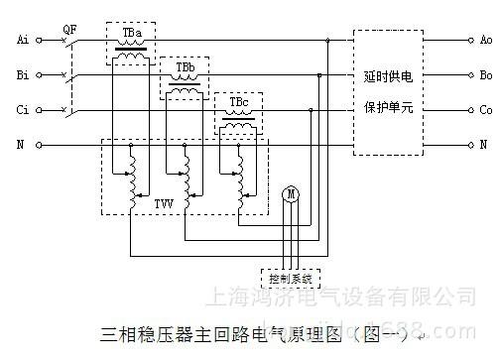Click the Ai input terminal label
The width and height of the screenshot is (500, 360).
[x=22, y=42]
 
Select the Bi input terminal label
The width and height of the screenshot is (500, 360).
[x=22, y=75]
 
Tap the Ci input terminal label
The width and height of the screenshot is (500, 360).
[x=22, y=109]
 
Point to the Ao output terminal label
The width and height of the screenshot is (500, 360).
[x=485, y=42]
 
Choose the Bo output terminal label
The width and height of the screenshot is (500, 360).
[x=485, y=75]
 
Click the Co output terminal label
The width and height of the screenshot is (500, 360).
[x=485, y=109]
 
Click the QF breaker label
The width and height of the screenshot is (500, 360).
[x=68, y=30]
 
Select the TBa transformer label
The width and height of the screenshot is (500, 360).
[x=132, y=33]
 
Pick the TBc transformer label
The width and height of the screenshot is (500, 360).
[x=239, y=102]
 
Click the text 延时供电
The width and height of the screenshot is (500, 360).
[x=388, y=75]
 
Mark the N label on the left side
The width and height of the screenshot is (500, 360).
[x=23, y=144]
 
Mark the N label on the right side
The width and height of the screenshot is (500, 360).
[x=484, y=144]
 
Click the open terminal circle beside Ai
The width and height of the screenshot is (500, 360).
[x=39, y=42]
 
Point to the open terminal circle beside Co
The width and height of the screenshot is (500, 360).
[x=468, y=109]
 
